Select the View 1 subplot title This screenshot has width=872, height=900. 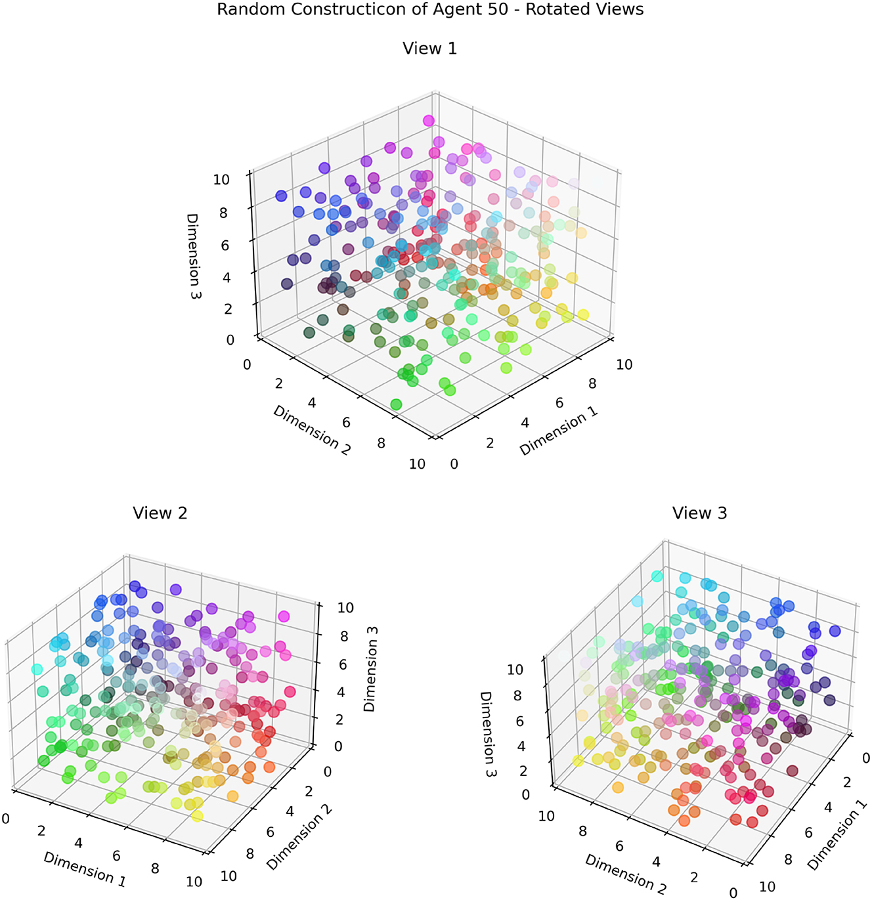[429, 49]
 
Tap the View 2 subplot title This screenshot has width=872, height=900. [160, 513]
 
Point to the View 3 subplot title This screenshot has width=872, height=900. [699, 513]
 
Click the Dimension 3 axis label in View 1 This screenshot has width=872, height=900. [193, 256]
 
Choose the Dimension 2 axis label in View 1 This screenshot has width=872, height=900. [312, 431]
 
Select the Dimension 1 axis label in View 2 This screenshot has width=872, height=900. [85, 868]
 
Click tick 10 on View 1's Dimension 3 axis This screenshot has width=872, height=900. [221, 179]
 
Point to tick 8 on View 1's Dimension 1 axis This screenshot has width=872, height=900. [592, 384]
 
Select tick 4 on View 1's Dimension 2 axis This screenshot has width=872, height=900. [312, 402]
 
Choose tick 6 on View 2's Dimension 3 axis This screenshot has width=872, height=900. [342, 664]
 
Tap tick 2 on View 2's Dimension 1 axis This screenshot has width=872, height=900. [41, 831]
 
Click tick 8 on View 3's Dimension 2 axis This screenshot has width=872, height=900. [582, 831]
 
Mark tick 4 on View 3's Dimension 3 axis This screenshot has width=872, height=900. [522, 746]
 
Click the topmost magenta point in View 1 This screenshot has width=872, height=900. [429, 120]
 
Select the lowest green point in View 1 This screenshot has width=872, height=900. [396, 404]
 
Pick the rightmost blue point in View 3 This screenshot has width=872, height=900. [835, 631]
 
